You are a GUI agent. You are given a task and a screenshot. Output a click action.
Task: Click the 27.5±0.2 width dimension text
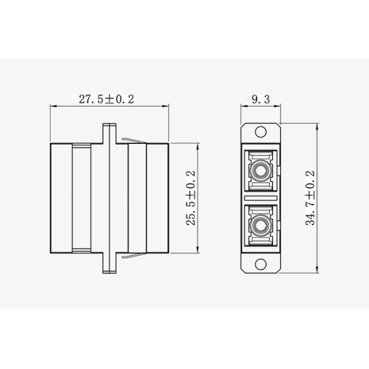106,98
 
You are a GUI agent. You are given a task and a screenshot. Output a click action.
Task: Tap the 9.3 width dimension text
260,98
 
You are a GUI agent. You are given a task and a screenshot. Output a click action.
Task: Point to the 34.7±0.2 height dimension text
310,198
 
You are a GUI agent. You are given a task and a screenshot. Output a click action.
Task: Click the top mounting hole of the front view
261,131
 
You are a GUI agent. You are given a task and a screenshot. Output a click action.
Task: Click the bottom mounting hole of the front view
261,266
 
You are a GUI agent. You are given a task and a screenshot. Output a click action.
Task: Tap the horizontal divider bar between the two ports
261,198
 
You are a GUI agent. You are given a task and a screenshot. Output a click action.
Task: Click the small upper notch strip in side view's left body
81,146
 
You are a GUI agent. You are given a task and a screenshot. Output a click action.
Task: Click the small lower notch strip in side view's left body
81,250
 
